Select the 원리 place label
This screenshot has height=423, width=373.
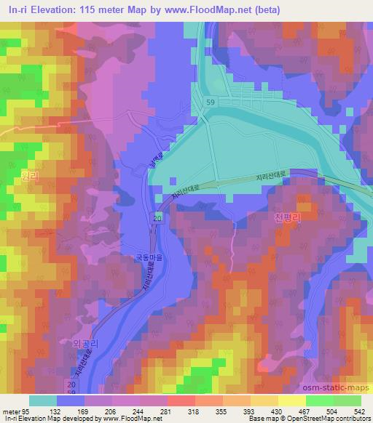tap(29, 176)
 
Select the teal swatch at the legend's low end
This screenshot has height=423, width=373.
tap(44, 400)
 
